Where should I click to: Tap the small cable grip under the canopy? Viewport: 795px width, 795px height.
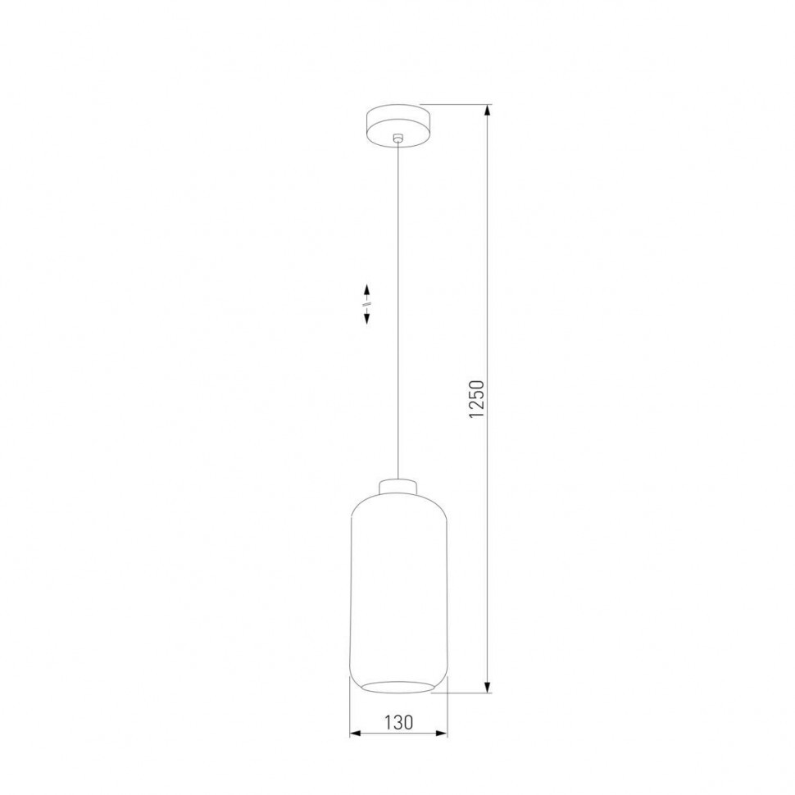[x=397, y=139]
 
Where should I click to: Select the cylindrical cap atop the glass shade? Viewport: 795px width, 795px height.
[x=398, y=486]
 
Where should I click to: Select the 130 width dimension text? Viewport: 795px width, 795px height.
[x=398, y=722]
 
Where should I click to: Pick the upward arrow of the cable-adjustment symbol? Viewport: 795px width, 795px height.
[x=367, y=290]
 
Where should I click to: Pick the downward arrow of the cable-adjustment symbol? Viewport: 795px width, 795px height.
[x=367, y=319]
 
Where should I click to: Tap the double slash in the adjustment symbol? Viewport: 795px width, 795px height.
[x=367, y=305]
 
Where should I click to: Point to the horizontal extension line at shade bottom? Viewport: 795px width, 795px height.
[x=463, y=693]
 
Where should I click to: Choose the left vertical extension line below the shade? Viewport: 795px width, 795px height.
[x=350, y=713]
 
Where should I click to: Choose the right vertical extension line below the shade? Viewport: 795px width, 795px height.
[x=447, y=713]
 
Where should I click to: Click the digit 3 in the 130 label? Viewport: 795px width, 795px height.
[x=398, y=722]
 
